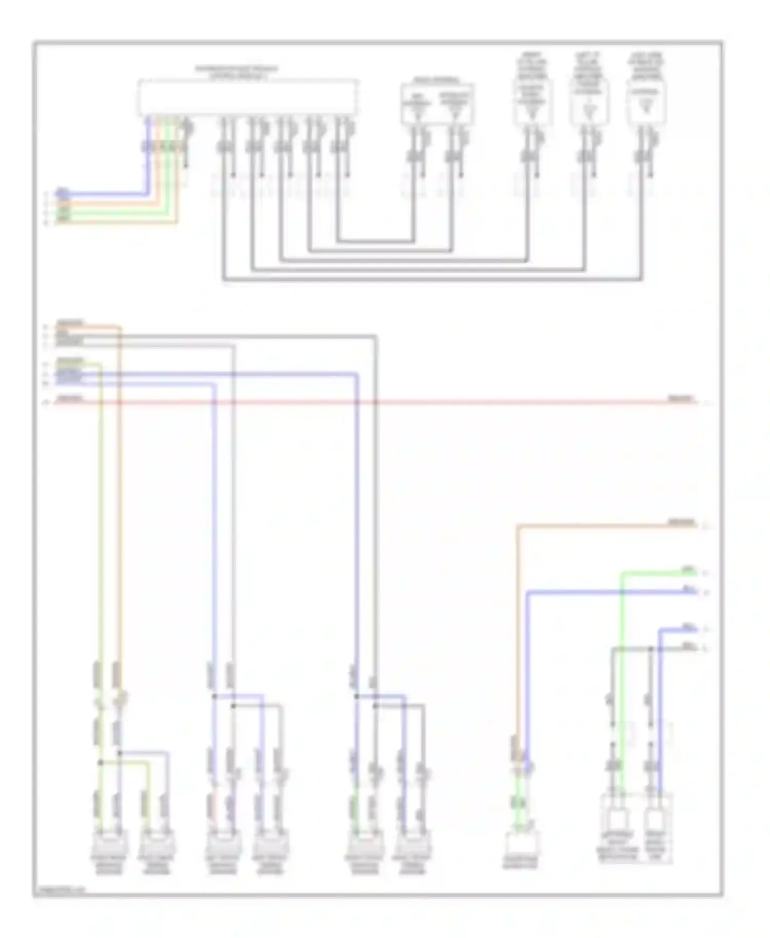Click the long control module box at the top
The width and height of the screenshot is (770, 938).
coord(247,97)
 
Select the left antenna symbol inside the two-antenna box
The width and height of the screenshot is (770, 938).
coord(417,106)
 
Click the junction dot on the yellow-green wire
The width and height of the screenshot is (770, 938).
coord(101,763)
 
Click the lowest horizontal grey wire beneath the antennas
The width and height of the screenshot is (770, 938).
coord(431,280)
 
